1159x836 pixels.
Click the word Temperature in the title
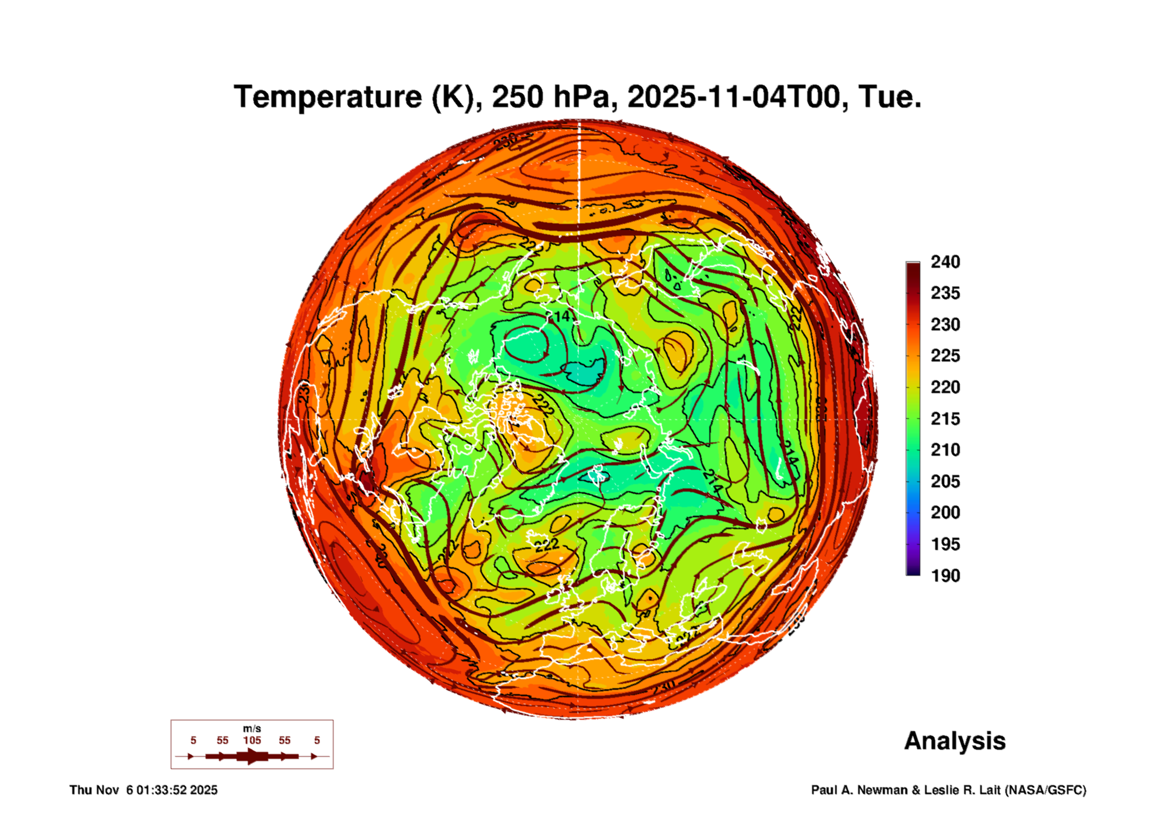point(328,97)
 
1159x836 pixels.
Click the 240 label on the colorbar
point(945,262)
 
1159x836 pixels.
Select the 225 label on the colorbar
point(945,356)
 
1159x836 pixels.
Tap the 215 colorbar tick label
point(945,418)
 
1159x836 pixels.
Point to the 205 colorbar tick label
point(945,481)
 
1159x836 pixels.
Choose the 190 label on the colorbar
point(945,575)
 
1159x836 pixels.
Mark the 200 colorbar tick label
point(945,513)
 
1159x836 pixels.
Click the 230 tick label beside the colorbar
point(945,325)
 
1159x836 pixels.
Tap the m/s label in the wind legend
point(252,728)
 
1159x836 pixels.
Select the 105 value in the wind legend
point(252,740)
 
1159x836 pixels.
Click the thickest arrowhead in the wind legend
point(253,756)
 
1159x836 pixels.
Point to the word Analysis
point(955,741)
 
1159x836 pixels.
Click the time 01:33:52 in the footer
point(161,790)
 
